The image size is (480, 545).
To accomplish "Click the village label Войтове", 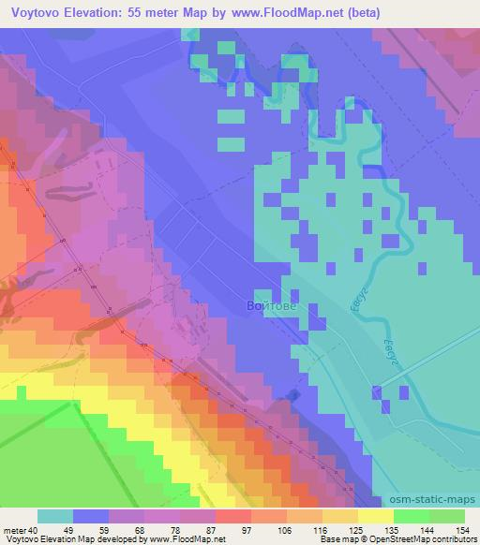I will pos(271,305).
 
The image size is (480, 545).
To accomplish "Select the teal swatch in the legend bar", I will pos(55,516).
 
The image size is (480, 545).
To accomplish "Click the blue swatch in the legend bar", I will pos(92,516).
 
